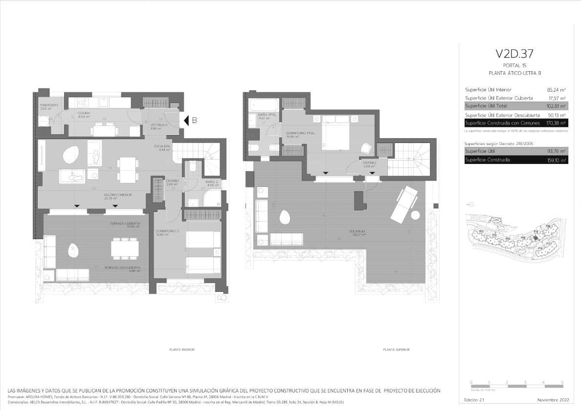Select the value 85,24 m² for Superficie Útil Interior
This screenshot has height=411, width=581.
click(556, 90)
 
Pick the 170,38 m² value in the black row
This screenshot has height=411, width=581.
click(556, 123)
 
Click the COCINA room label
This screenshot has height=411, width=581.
click(84, 114)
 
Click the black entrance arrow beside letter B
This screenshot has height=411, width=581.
click(186, 120)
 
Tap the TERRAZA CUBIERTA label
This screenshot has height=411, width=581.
click(125, 224)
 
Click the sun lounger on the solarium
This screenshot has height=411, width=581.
click(403, 204)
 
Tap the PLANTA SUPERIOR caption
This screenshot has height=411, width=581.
click(396, 350)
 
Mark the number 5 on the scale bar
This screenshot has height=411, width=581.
click(562, 382)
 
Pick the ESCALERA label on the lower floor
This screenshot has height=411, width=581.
click(162, 146)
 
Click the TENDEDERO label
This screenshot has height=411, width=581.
click(49, 105)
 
